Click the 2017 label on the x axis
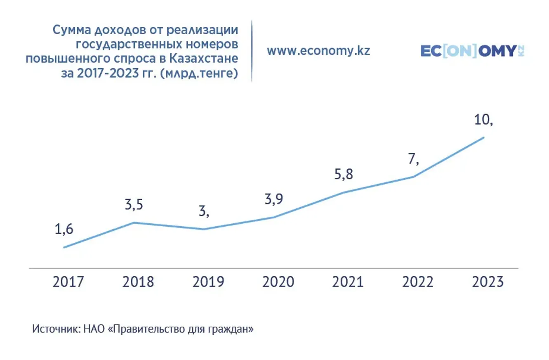68,282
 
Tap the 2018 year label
138,282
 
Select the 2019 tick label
208,282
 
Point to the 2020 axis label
278,282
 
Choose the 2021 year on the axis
348,282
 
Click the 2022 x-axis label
417,282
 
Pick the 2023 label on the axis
488,282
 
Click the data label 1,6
64,230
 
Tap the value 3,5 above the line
134,205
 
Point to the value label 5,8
343,175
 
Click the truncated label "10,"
484,120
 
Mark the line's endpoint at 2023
483,137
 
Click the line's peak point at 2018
134,223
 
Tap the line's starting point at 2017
64,248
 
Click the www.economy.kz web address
318,51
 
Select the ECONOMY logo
472,51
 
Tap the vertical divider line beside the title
252,50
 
